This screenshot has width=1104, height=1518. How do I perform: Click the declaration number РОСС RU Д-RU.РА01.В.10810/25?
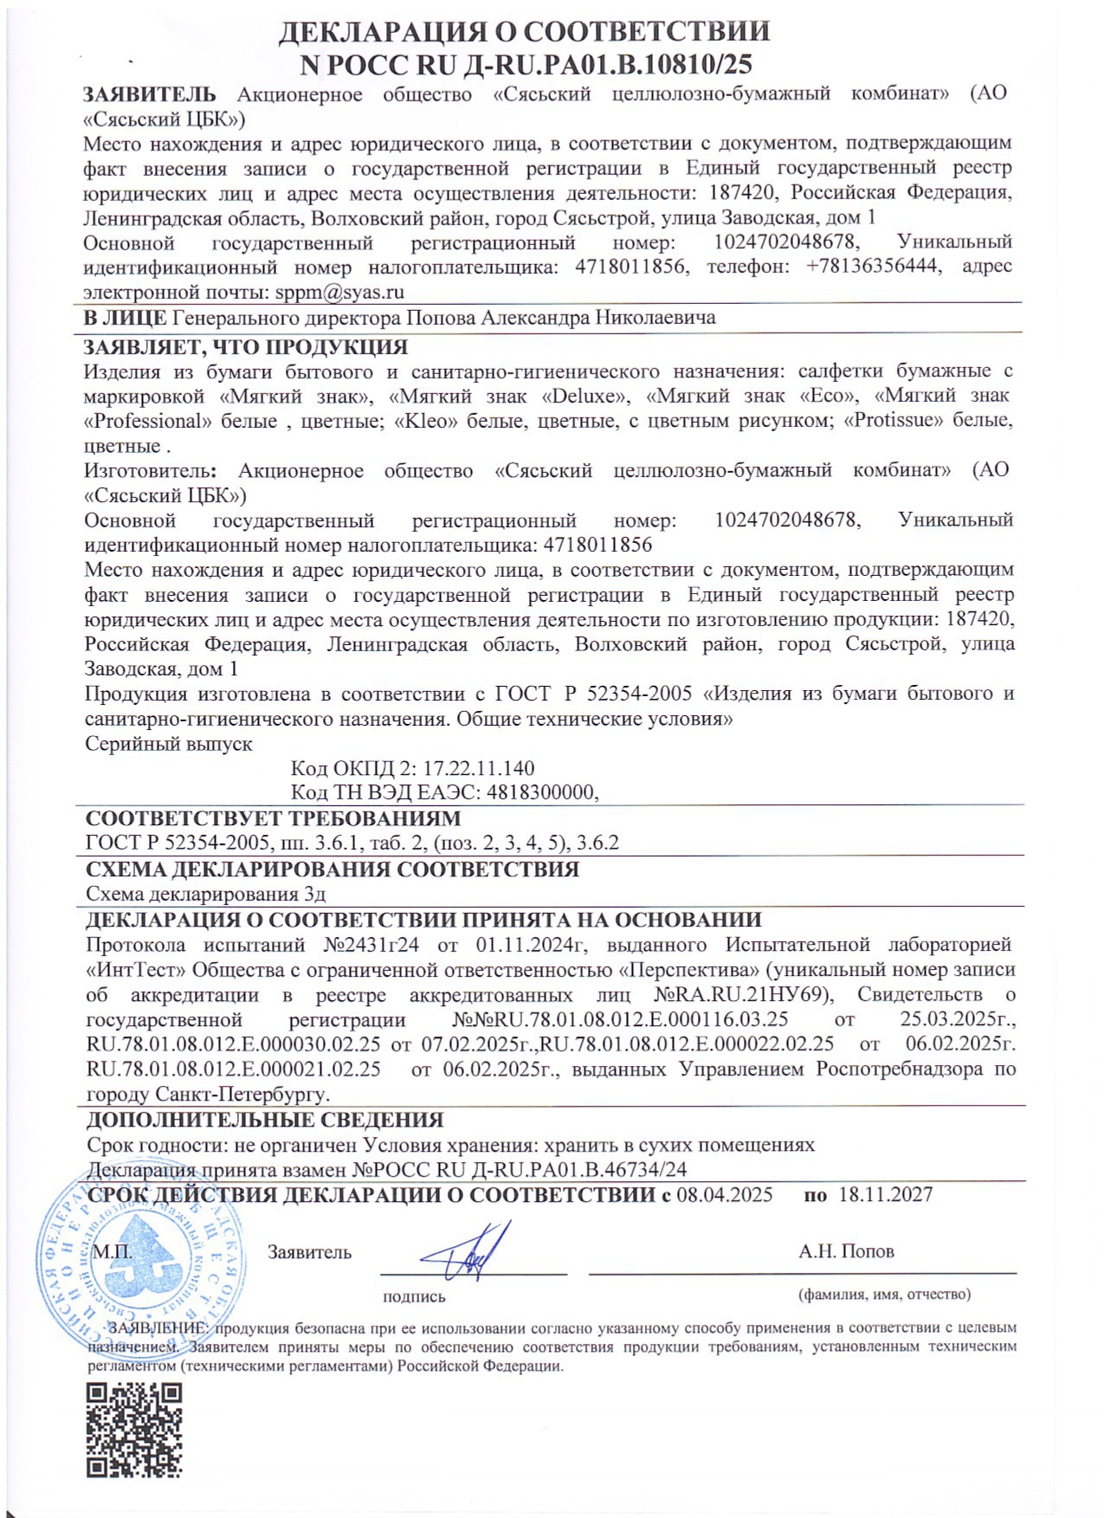pos(526,64)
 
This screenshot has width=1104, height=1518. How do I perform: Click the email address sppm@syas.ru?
pos(339,292)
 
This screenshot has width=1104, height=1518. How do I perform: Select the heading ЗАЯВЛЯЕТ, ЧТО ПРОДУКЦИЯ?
pos(245,347)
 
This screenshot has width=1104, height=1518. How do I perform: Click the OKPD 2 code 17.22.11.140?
pos(478,768)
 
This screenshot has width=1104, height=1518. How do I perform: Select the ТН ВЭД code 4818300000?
pos(541,792)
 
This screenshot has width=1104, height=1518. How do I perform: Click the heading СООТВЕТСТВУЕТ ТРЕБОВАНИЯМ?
pos(273,818)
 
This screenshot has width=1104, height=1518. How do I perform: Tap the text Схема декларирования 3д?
pos(206,894)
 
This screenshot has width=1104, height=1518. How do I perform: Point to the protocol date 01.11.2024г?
pos(532,945)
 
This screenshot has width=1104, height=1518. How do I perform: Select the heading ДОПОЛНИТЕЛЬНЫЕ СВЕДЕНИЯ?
pos(265,1120)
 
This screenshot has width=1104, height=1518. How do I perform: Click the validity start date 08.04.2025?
pos(724,1195)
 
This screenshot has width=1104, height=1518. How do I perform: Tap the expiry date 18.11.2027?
pos(885,1195)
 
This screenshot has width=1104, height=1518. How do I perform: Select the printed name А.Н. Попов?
pos(846,1251)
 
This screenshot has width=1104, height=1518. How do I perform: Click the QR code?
pos(134,1431)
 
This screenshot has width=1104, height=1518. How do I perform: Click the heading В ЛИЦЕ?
pos(125,318)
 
